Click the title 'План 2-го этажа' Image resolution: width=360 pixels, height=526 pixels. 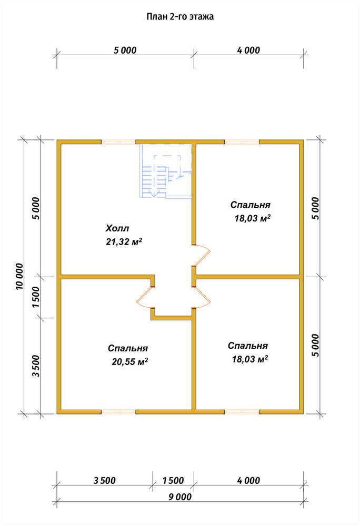pyautogui.click(x=180, y=17)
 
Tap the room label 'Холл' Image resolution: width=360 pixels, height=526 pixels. pyautogui.click(x=117, y=229)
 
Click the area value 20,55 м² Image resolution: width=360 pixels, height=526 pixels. pyautogui.click(x=129, y=362)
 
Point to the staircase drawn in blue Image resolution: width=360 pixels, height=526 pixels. pyautogui.click(x=166, y=171)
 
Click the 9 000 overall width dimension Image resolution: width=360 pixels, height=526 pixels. pyautogui.click(x=180, y=497)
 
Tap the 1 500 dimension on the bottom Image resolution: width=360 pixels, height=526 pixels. pyautogui.click(x=173, y=480)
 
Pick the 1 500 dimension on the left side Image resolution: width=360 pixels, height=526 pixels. pyautogui.click(x=36, y=297)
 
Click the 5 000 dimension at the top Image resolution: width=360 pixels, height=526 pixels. pyautogui.click(x=125, y=50)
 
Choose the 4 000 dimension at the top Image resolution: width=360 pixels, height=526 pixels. pyautogui.click(x=248, y=50)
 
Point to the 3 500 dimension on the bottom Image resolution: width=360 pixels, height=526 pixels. pyautogui.click(x=105, y=480)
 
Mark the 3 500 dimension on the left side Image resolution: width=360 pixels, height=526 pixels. pyautogui.click(x=36, y=366)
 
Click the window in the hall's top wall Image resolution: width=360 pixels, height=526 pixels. pyautogui.click(x=118, y=142)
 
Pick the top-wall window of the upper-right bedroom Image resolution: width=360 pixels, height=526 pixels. pyautogui.click(x=242, y=142)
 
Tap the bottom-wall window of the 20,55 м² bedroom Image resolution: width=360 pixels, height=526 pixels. pyautogui.click(x=118, y=412)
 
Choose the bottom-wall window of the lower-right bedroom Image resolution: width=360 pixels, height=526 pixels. pyautogui.click(x=242, y=412)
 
